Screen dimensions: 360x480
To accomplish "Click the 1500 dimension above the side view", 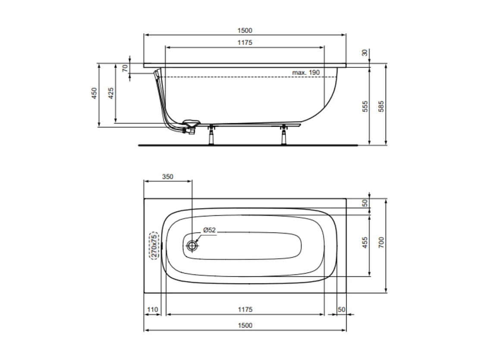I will click(245, 30).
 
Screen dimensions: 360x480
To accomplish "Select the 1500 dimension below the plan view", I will click(245, 325).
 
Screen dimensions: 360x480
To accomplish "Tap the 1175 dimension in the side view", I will click(245, 42).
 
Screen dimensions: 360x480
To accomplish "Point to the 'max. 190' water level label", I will click(306, 72).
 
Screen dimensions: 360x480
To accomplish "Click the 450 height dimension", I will click(94, 94).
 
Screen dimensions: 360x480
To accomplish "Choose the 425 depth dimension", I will click(111, 94).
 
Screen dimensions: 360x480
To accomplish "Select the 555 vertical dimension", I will click(365, 106).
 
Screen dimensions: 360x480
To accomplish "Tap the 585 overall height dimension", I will click(381, 106).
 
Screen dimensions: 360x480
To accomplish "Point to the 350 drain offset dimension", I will click(167, 177).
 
